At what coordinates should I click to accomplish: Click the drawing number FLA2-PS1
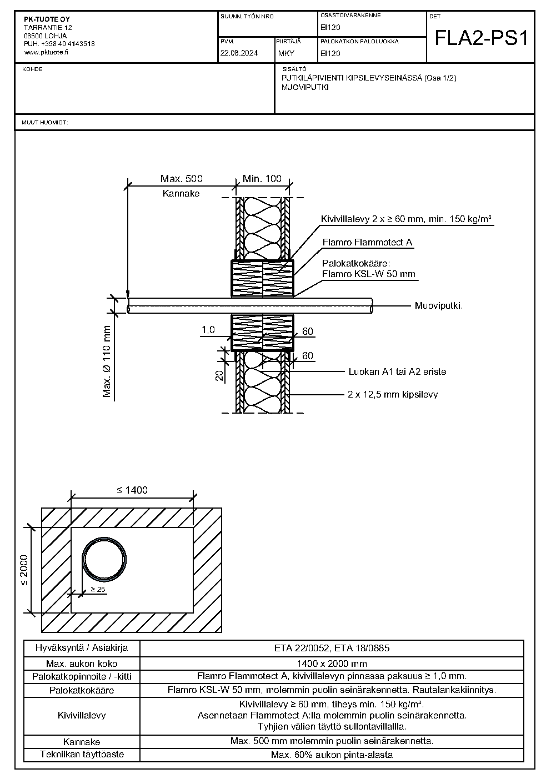point(482,38)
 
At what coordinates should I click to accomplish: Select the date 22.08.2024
point(239,53)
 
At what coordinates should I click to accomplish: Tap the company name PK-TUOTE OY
point(47,19)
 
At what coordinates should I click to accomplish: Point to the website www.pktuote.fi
point(46,52)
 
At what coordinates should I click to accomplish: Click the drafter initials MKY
point(286,53)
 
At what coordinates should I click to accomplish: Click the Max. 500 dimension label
point(181,178)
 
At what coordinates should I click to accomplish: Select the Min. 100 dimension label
point(262,178)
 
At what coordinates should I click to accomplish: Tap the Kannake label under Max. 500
point(181,193)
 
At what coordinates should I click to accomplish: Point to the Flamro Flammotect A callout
point(367,242)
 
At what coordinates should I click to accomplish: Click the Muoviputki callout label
point(439,306)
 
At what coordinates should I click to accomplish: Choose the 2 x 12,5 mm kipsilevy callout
point(393,394)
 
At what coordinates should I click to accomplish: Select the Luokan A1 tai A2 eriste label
point(397,371)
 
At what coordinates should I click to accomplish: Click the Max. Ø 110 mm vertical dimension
point(107,361)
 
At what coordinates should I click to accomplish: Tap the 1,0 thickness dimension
point(208,330)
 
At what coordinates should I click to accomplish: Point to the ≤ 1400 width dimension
point(132,490)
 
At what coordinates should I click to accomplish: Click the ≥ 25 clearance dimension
point(98,589)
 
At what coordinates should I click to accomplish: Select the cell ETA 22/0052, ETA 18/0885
point(332,648)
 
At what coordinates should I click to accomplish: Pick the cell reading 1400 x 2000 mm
point(332,664)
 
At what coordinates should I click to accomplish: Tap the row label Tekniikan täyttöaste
point(82,755)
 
